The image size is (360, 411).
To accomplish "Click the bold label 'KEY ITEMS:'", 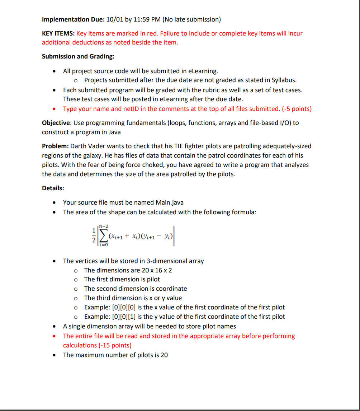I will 58,33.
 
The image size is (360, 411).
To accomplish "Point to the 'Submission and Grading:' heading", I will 78,56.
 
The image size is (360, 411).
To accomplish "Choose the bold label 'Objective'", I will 56,123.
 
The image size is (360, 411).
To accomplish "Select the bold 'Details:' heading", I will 53,188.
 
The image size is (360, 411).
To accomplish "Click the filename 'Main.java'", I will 170,202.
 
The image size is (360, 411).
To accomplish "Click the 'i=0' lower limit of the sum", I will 104,245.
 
